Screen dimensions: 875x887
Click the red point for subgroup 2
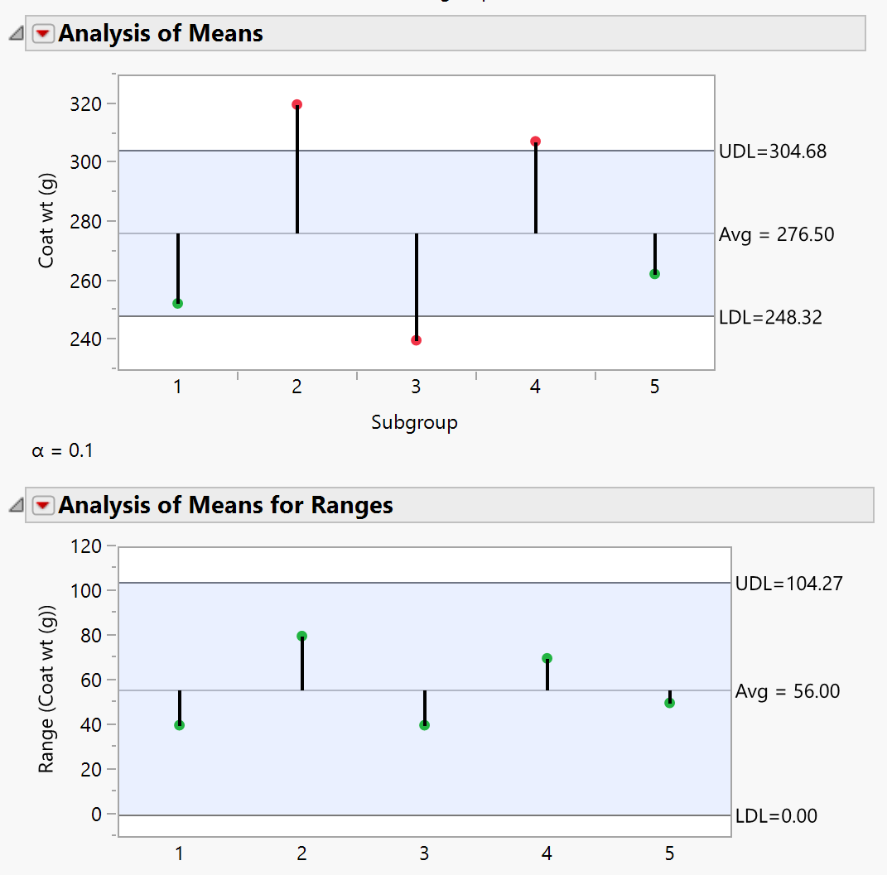(297, 105)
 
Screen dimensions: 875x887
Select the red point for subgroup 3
(417, 340)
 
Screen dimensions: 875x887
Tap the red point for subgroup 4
(536, 142)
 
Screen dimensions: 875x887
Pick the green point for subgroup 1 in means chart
(178, 304)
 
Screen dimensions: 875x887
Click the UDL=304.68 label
(772, 151)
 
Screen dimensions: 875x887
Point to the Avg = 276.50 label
(776, 234)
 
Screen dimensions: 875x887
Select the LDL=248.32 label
(770, 317)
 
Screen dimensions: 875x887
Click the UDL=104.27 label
(788, 584)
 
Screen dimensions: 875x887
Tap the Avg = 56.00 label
(788, 691)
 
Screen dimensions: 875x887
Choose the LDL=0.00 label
(776, 816)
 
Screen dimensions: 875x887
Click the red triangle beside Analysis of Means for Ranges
(43, 505)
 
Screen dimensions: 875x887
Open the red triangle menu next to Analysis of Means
(43, 34)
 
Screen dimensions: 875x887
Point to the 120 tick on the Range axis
(87, 546)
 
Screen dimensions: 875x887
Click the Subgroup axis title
(414, 423)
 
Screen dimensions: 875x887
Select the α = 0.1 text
(62, 452)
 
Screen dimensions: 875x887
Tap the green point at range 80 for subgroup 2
(302, 637)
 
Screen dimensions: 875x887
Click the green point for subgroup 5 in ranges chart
(670, 703)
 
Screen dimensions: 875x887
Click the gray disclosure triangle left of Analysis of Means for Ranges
(15, 505)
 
